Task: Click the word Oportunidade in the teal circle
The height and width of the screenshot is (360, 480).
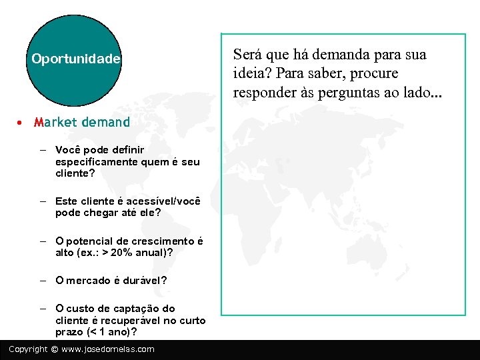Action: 76,59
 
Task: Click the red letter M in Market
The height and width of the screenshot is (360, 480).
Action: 38,122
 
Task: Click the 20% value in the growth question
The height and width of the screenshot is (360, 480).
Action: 121,253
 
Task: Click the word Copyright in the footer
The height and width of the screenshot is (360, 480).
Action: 28,349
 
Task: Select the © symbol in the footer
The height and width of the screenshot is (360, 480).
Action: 55,349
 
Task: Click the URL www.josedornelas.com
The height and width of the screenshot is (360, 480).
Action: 107,349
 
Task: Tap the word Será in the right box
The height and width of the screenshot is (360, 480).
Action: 246,55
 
